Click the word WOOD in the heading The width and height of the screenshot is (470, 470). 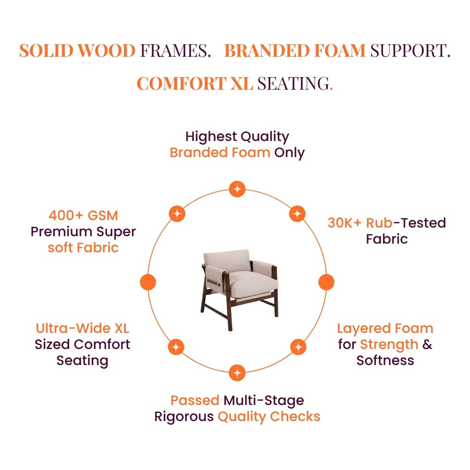pos(106,51)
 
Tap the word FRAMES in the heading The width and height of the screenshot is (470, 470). pos(175,51)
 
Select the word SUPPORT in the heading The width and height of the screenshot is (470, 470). pos(410,51)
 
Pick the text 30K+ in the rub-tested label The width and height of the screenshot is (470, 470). pos(344,223)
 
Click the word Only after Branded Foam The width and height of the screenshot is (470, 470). pos(289,153)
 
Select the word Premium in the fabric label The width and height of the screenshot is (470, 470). pos(62,232)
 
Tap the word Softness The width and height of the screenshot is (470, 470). pos(385,361)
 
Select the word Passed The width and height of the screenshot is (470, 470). pos(195,401)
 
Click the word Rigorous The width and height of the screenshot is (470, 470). pos(184,417)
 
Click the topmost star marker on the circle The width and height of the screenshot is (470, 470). pos(237,189)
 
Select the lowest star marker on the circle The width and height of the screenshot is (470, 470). pos(237,373)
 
